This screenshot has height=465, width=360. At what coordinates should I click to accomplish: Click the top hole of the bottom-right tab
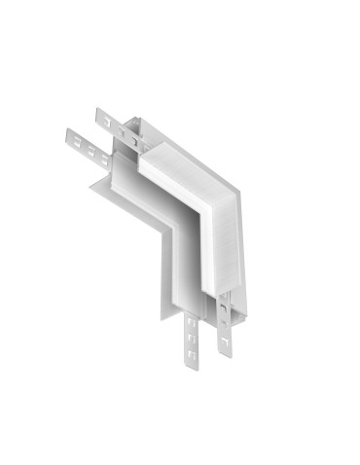click(223, 309)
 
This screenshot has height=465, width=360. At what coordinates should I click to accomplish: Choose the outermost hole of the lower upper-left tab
click(72, 136)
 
